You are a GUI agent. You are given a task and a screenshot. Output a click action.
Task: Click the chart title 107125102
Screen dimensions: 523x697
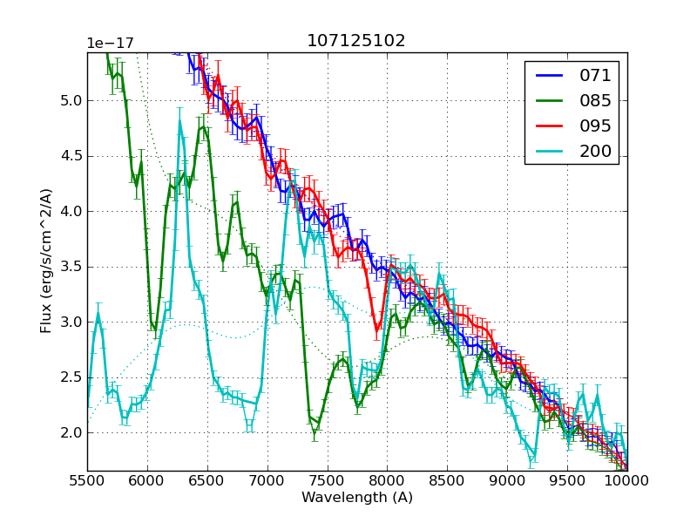[356, 41]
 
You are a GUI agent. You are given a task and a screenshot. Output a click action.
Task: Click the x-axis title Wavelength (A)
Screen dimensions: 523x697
[357, 498]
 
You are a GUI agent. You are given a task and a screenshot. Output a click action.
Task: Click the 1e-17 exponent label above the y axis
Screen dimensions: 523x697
[111, 44]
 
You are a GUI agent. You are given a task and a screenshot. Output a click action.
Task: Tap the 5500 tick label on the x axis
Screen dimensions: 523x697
[87, 481]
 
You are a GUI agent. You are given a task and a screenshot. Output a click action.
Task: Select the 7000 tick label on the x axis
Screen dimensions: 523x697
[267, 481]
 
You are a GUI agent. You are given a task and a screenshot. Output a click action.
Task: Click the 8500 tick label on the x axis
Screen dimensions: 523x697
[447, 481]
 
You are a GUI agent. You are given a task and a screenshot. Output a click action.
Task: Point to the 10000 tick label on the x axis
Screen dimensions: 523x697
[627, 481]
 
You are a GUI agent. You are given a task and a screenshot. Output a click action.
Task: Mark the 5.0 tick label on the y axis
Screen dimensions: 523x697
[71, 100]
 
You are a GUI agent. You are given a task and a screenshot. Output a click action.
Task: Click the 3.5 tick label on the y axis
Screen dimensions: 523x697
[71, 267]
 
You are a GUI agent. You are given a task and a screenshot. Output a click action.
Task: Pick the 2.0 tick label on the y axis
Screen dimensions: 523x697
[71, 433]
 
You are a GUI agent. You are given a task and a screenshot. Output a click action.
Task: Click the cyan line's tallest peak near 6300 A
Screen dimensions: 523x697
[180, 122]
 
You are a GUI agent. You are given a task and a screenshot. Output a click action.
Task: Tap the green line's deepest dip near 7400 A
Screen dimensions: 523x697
[315, 431]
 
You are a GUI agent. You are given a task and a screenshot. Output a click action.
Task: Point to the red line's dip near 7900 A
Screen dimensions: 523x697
[377, 330]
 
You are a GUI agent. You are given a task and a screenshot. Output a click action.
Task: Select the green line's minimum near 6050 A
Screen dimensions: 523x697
[155, 329]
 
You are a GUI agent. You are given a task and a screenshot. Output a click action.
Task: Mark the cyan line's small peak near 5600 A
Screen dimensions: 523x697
[98, 313]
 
